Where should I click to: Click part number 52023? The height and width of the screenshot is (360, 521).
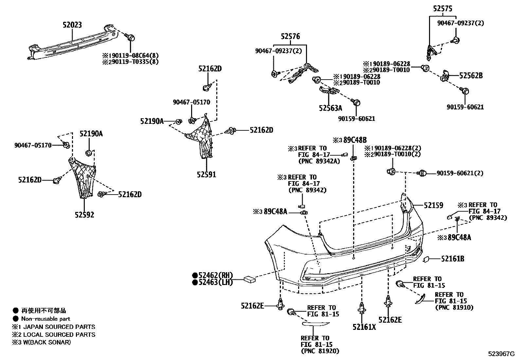tap(72, 25)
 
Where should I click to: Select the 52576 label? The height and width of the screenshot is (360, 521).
tap(290, 37)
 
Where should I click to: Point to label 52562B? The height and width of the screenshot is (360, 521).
tap(471, 76)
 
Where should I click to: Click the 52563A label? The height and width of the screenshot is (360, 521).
tap(331, 108)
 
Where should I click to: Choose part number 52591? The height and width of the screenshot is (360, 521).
tap(207, 175)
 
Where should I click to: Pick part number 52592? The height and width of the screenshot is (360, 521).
tap(84, 215)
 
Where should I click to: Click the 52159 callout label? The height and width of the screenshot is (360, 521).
tap(433, 206)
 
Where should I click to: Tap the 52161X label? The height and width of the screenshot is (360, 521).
tap(364, 327)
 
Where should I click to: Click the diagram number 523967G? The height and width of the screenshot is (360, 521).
tap(502, 354)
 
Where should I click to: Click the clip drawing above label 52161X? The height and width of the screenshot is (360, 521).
tap(362, 308)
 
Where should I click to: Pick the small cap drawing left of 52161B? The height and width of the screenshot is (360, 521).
tap(426, 259)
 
